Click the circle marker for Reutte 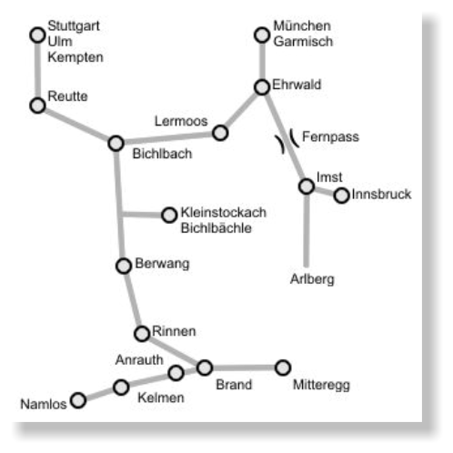pos(37,106)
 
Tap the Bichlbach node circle pos(116,143)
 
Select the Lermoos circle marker pos(220,133)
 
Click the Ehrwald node pos(262,87)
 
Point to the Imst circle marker pos(307,186)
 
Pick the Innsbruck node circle pos(342,196)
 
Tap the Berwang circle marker pos(124,266)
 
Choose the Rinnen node pos(142,334)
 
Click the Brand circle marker pos(205,367)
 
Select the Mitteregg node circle pos(283,367)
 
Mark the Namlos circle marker pos(78,400)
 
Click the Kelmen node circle pos(121,388)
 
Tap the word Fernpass pos(330,137)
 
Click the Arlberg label pos(312,279)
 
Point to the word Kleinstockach pos(224,212)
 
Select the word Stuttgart pos(74,26)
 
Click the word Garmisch pos(303,41)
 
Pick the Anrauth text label pos(139,360)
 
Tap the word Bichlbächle pos(216,228)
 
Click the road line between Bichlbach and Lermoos pos(168,138)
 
